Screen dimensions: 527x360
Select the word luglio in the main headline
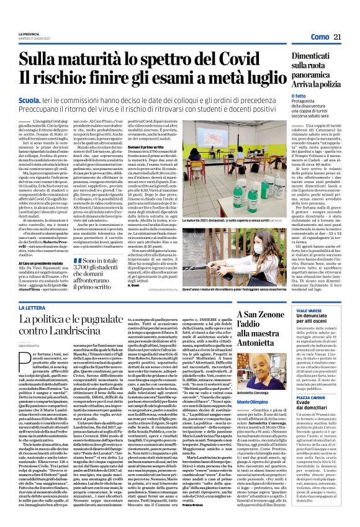(261, 79)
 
